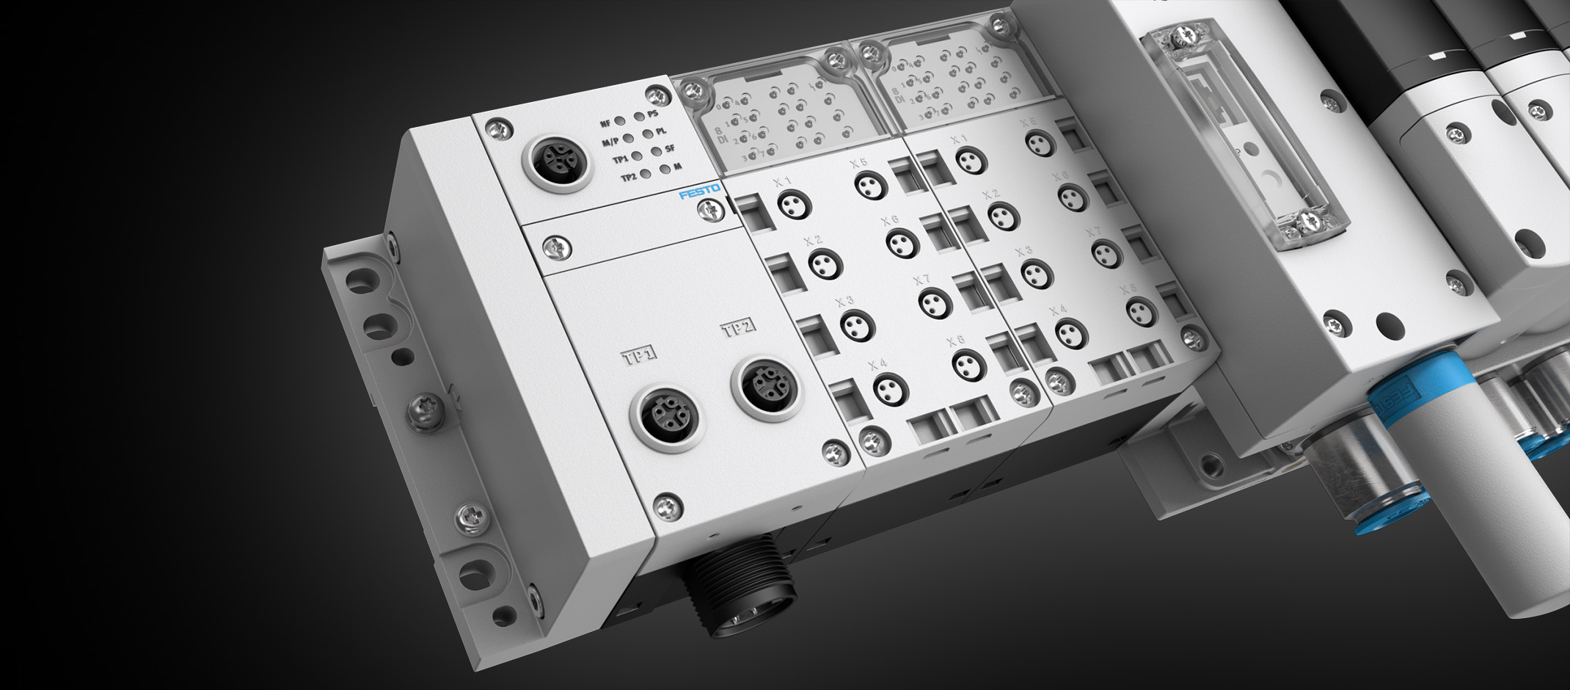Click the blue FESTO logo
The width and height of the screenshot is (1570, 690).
[x=699, y=193]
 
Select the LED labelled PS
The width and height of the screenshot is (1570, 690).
[x=639, y=116]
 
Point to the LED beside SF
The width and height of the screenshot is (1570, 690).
[x=656, y=151]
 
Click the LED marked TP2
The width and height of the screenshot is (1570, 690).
[x=645, y=175]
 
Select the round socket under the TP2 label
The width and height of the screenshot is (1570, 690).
[x=766, y=385]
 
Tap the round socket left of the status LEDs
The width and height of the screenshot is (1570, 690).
[x=557, y=159]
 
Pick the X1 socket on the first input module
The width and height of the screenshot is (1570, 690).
[x=794, y=204]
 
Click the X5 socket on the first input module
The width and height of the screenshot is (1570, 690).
[x=871, y=185]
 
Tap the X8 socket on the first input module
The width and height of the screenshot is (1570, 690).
[x=968, y=364]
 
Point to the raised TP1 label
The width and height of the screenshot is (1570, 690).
[x=639, y=356]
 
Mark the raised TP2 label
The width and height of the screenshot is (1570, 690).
[x=739, y=327]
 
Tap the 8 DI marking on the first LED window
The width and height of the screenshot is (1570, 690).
[x=702, y=135]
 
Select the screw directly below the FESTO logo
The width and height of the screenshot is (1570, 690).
[x=709, y=211]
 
